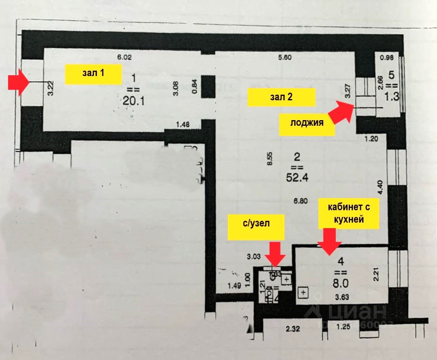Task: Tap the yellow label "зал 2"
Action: coord(281,97)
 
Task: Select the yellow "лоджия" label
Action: coord(307,123)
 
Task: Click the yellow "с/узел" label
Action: coord(256,228)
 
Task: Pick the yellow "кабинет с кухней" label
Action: coord(348,214)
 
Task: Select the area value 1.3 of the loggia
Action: coord(391,97)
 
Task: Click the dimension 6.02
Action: coord(125,57)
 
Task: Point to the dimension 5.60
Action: coord(285,57)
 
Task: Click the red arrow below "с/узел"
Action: coord(276,254)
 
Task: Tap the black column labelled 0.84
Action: coord(208,86)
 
